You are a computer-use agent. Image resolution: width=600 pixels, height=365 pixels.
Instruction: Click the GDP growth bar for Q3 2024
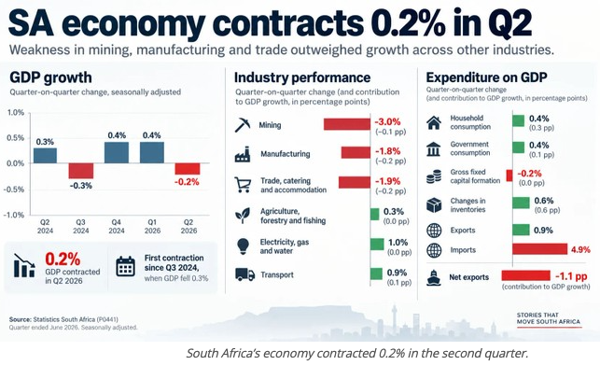81,171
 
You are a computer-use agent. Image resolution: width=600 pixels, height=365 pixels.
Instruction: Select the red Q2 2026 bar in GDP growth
188,169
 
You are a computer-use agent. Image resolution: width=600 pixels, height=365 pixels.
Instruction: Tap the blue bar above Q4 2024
117,152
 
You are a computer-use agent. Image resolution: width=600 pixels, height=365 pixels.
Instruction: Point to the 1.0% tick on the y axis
16,113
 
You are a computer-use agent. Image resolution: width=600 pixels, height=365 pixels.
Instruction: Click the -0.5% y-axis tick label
14,190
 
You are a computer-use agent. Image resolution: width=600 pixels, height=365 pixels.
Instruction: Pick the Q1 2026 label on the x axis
152,226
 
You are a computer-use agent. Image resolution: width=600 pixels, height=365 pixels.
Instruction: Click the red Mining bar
347,124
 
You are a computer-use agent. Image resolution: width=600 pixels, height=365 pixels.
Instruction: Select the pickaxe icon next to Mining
243,125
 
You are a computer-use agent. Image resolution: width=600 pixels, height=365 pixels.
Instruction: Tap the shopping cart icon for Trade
243,185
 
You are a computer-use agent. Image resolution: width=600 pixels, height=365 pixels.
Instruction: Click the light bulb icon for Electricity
243,246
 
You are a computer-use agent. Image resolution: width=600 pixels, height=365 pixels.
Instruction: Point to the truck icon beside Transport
244,274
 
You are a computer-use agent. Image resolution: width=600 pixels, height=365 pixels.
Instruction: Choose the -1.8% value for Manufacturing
387,151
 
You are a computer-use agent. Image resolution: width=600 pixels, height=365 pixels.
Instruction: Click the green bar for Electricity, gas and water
377,244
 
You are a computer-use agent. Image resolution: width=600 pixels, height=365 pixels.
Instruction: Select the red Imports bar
540,249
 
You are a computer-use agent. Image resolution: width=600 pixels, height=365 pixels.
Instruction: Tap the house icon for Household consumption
434,122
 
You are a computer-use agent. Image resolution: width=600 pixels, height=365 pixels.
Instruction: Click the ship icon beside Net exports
434,277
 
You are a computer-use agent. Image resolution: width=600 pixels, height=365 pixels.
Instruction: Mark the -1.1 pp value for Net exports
571,276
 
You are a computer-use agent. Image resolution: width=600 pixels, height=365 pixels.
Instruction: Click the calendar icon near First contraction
126,266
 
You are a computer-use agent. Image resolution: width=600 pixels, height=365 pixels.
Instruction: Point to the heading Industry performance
302,77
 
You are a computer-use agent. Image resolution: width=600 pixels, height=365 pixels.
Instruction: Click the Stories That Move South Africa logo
549,318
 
